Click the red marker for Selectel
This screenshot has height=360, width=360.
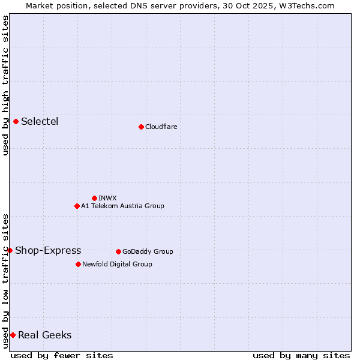[16, 122]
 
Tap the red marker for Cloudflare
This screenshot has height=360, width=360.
[141, 127]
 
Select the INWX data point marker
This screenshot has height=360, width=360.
[94, 198]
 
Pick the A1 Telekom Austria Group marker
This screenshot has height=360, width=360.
[77, 206]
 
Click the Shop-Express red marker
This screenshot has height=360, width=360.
[10, 250]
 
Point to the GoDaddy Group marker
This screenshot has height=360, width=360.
[118, 251]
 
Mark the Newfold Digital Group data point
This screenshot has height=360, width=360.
[78, 264]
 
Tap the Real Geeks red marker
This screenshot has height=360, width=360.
[13, 335]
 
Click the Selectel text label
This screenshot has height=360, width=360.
[40, 122]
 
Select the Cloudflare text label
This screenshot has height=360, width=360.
[161, 127]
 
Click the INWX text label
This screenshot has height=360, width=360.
[107, 198]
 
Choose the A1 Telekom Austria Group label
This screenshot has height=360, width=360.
[122, 206]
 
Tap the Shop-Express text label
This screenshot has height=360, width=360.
[48, 251]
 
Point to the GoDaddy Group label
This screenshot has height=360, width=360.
[148, 251]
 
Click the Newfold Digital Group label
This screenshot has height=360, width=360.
[117, 264]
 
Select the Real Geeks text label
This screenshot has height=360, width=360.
[45, 335]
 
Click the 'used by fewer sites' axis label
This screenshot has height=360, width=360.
[62, 355]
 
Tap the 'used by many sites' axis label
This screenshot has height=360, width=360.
[301, 355]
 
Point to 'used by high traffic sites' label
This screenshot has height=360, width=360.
[5, 85]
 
